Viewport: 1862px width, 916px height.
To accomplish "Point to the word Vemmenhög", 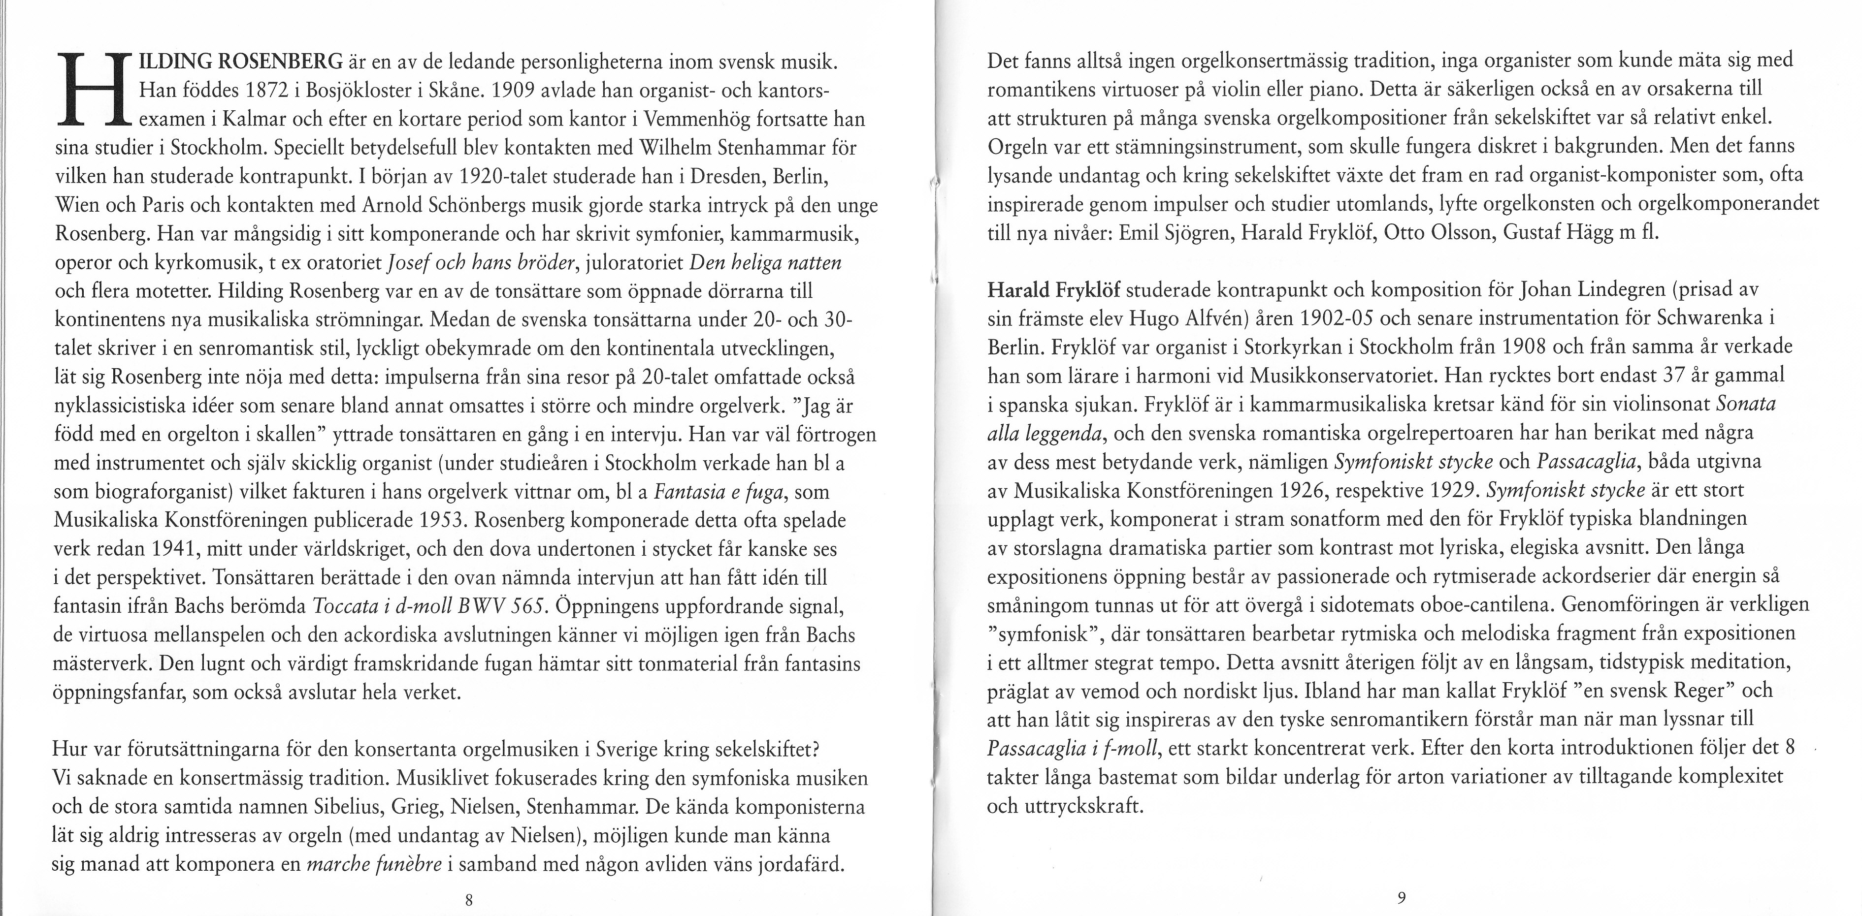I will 693,120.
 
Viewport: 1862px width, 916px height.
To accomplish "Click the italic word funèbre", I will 411,864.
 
